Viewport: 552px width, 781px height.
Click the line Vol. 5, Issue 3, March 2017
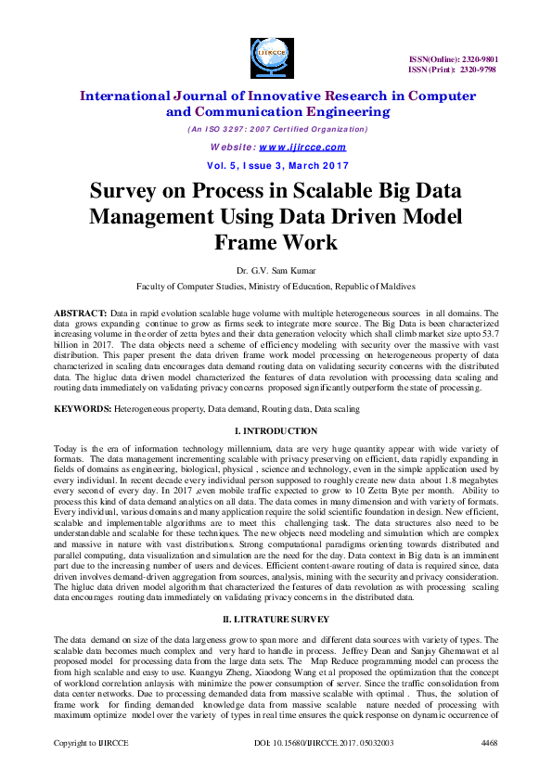click(x=276, y=165)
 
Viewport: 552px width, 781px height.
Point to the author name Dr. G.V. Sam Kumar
click(x=276, y=271)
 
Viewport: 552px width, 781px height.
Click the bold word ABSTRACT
click(x=80, y=314)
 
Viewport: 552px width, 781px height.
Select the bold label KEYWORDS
click(x=83, y=408)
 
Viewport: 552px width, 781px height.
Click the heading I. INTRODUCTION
click(x=276, y=431)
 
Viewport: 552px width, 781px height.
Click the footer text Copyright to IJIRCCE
click(x=90, y=770)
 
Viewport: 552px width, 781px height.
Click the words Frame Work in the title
click(x=276, y=241)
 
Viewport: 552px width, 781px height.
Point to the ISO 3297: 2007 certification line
click(x=276, y=130)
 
